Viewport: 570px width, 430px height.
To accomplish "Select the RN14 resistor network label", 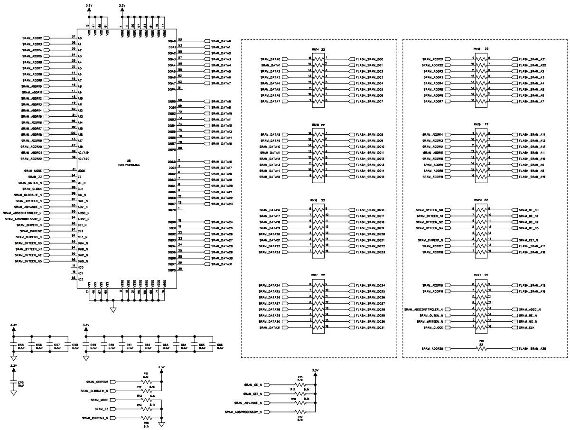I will (315, 49).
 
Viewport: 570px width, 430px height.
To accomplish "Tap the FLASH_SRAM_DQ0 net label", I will (373, 59).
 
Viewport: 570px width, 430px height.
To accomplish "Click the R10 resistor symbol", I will (481, 349).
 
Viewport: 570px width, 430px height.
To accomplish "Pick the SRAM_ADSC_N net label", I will (532, 309).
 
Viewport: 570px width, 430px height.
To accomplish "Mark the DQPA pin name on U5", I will (172, 89).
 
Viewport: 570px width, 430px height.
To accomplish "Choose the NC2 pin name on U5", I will (81, 279).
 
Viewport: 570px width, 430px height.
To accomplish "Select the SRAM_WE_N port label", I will (531, 321).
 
